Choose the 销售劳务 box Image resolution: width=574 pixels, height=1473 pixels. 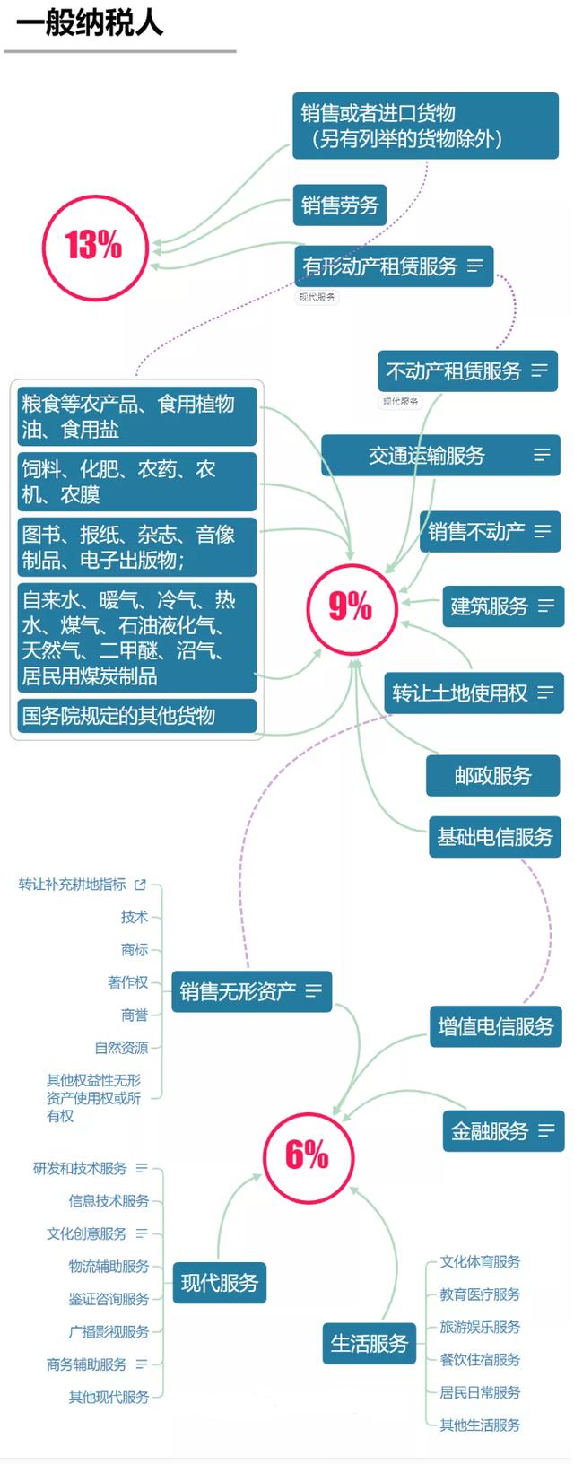[x=339, y=205]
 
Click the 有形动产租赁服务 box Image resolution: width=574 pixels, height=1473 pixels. [x=393, y=266]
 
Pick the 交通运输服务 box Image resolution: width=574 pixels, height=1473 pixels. [x=440, y=455]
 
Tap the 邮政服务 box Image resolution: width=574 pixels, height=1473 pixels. [x=493, y=776]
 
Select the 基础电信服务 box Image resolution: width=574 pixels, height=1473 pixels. [x=495, y=837]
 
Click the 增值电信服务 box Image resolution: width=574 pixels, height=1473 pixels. [x=496, y=1026]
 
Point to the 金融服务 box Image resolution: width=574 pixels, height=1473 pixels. [x=504, y=1131]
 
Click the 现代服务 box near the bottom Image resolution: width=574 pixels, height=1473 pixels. [x=220, y=1283]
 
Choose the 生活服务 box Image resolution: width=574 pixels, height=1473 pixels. [x=370, y=1344]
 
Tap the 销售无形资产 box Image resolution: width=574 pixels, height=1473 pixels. [x=252, y=991]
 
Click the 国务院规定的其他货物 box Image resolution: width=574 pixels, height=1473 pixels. [x=136, y=716]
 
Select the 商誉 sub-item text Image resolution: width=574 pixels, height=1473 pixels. [x=135, y=1015]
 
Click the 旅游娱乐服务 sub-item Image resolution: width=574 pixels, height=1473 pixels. [x=480, y=1327]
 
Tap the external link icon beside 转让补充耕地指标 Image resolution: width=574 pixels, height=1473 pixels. [x=140, y=885]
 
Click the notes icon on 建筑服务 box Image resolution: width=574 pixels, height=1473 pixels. [x=546, y=606]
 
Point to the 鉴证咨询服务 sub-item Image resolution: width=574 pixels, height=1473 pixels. [x=109, y=1299]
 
